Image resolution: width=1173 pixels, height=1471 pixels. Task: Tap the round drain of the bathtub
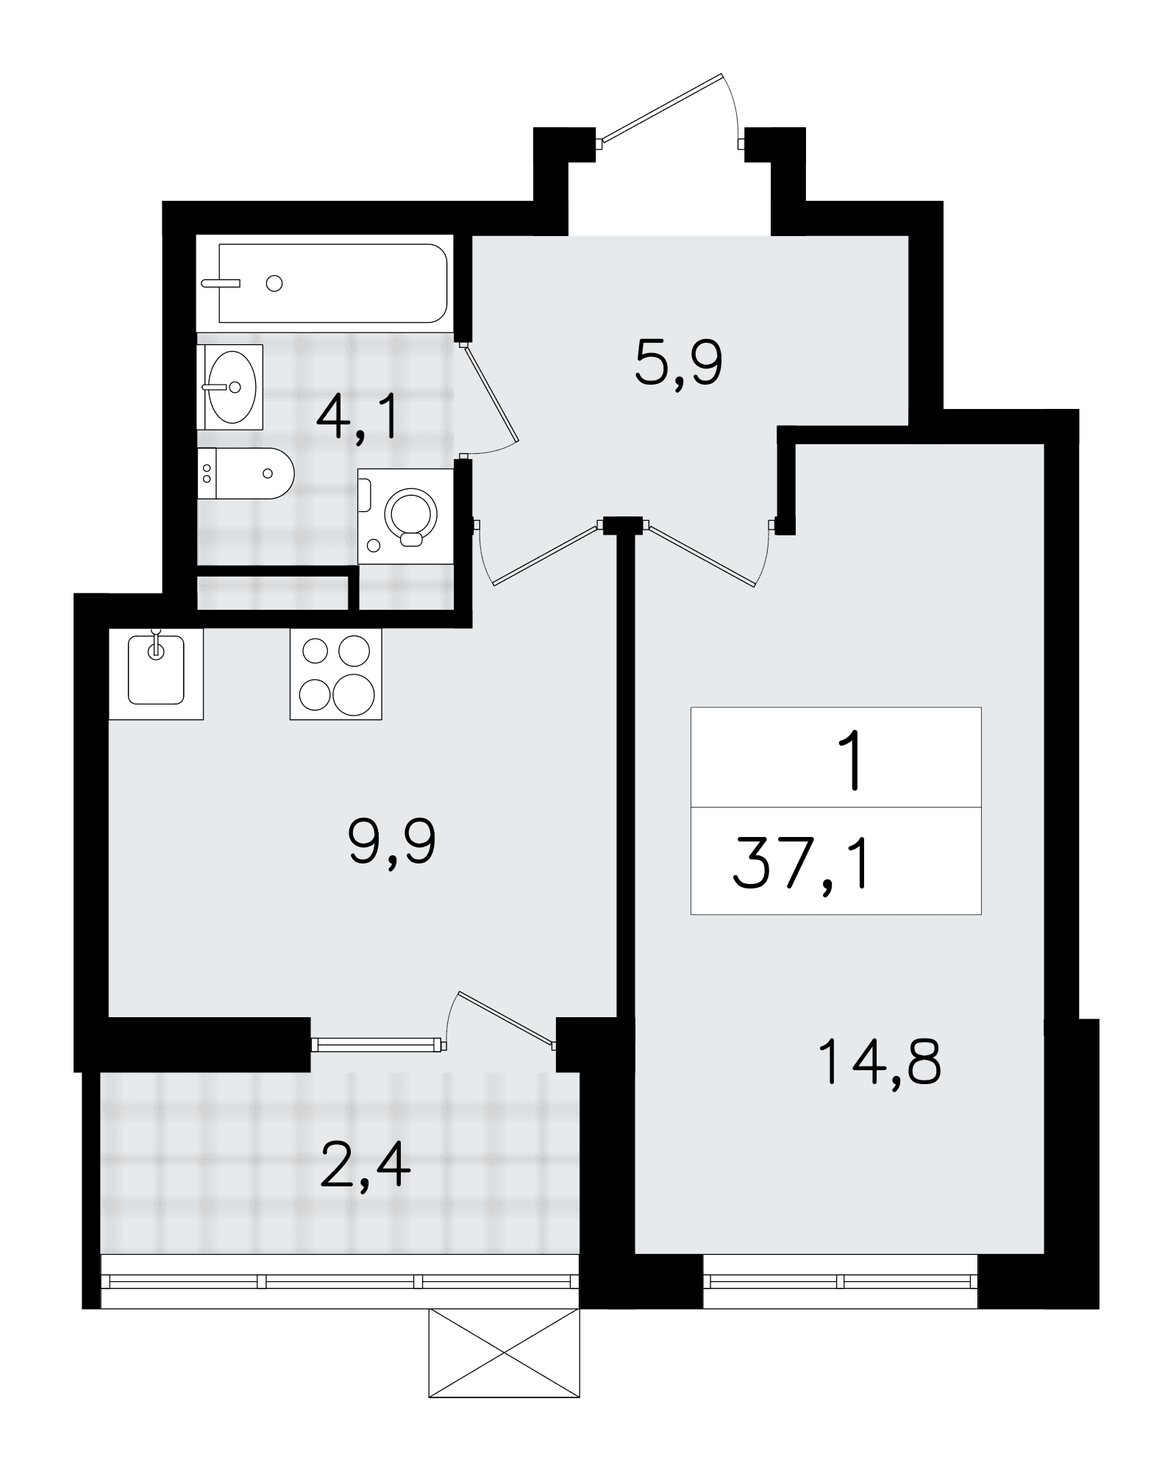tap(275, 283)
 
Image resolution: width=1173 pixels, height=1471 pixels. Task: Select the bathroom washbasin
tap(230, 387)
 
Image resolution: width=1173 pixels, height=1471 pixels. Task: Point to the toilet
tap(246, 473)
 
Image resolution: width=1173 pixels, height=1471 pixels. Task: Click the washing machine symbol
tap(405, 516)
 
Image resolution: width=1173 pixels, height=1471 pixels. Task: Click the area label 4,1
tap(357, 416)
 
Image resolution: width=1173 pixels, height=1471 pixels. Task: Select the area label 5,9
tap(679, 366)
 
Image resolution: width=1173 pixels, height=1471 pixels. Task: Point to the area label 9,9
tap(392, 844)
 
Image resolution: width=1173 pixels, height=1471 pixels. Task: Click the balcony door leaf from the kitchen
tap(506, 1017)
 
